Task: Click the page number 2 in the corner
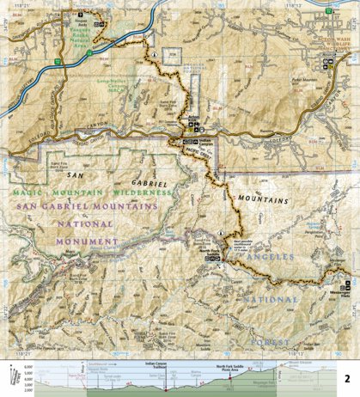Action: point(346,378)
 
